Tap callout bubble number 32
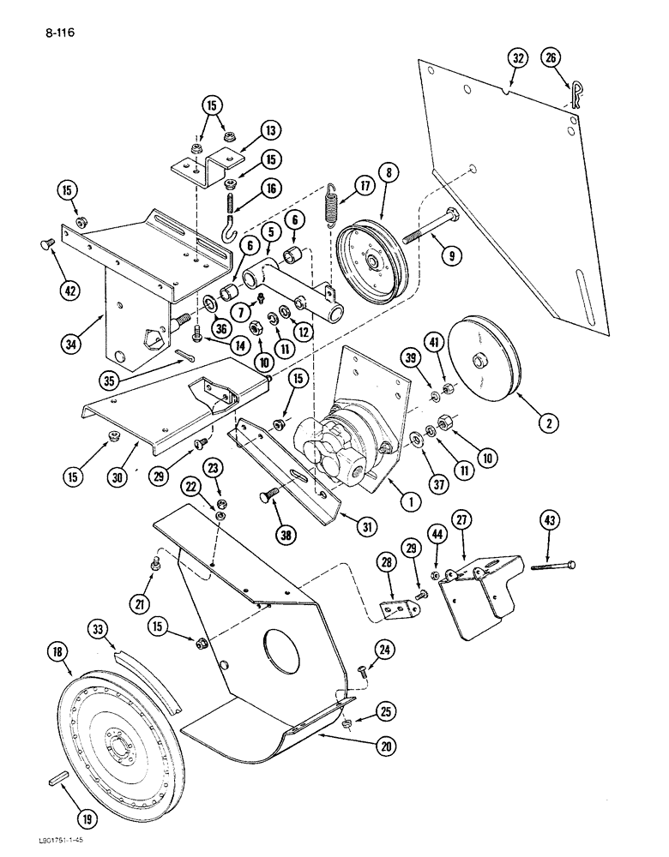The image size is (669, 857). (x=516, y=58)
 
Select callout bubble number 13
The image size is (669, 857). (x=272, y=131)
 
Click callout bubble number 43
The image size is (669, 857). (x=550, y=519)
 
